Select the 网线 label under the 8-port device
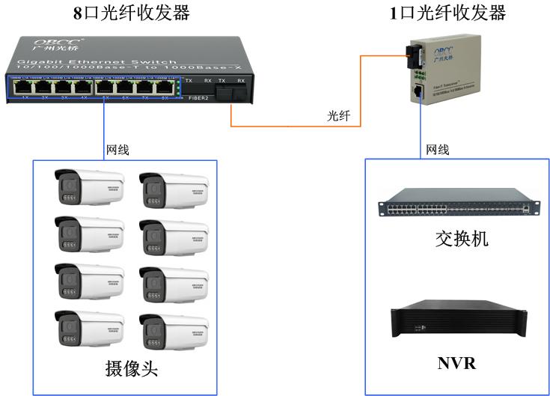[x=117, y=150]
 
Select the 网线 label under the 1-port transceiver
[x=438, y=150]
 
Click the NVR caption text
[x=456, y=365]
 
